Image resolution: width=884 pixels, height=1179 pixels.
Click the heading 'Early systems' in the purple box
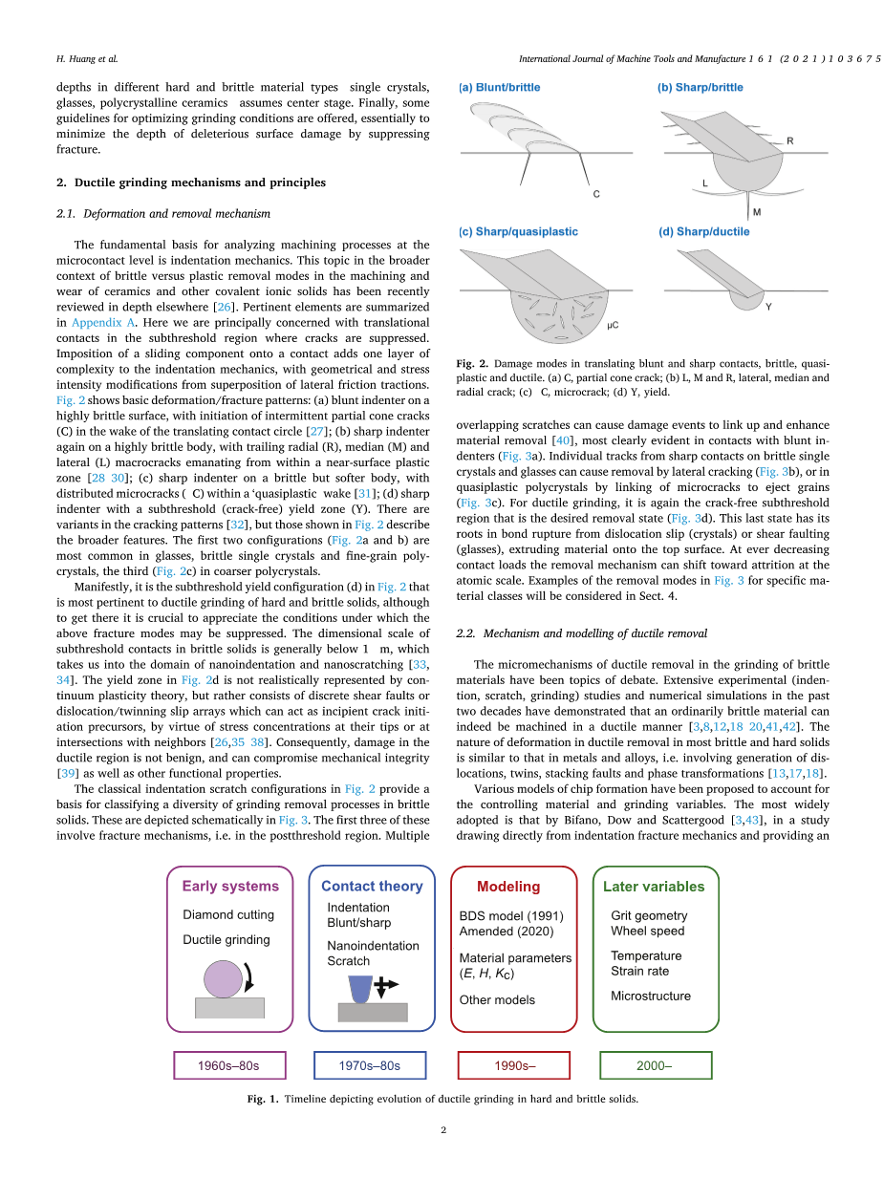(230, 886)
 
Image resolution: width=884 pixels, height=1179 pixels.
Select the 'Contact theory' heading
(372, 886)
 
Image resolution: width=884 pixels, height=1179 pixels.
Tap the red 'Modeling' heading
(508, 887)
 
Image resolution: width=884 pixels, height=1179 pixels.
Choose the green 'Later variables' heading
(654, 887)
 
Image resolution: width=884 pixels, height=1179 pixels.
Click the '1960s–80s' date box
(229, 1065)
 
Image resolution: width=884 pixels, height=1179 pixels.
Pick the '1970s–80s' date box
(370, 1065)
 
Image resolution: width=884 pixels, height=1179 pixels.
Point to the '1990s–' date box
(514, 1065)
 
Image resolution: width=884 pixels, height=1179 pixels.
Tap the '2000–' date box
(655, 1065)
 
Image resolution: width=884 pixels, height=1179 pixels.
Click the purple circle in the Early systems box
(223, 978)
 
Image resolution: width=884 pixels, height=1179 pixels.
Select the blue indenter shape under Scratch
(361, 988)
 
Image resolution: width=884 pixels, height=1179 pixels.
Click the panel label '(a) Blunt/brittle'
(500, 88)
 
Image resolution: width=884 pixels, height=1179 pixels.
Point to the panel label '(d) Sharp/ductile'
(703, 231)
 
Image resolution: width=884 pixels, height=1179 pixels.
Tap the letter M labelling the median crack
(756, 212)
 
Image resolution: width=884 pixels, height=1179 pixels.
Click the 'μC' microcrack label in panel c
(613, 326)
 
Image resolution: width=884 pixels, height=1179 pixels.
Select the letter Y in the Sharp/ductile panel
(768, 307)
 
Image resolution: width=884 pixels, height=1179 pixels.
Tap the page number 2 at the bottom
(443, 1131)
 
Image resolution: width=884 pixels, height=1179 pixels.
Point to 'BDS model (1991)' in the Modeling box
(510, 915)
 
